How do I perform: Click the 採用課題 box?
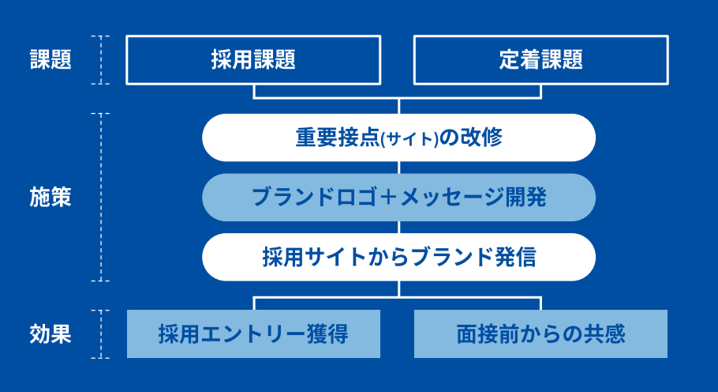[253, 59]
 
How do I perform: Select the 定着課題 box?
[540, 59]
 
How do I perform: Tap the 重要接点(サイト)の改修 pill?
[398, 138]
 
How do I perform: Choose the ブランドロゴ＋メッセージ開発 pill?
[398, 197]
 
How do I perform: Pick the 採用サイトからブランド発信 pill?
[398, 257]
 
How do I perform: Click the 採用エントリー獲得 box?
[253, 334]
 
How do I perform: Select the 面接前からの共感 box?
[540, 334]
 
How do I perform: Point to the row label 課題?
[50, 59]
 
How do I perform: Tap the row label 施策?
[50, 197]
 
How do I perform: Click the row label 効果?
[50, 334]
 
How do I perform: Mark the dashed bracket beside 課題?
[101, 59]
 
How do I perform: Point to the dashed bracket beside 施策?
[101, 197]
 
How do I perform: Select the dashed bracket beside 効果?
[101, 334]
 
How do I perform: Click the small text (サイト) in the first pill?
[409, 139]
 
